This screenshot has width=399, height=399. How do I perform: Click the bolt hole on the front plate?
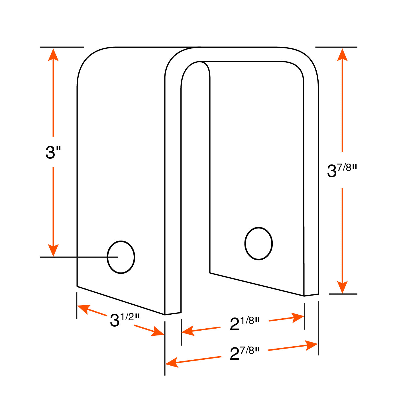[121, 257]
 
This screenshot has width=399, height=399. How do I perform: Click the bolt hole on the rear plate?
[258, 243]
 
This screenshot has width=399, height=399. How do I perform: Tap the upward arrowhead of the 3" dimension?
[53, 55]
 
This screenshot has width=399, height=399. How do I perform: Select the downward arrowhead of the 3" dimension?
[53, 250]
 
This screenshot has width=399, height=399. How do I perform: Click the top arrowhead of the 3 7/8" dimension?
[342, 55]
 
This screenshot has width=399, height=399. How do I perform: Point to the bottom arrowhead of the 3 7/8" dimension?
[342, 287]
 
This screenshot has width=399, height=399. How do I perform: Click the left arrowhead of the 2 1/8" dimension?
[188, 331]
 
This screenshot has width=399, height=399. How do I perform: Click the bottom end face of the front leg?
[173, 313]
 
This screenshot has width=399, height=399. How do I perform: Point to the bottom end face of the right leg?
[311, 295]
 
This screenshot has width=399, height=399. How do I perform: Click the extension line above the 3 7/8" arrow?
[336, 47]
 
